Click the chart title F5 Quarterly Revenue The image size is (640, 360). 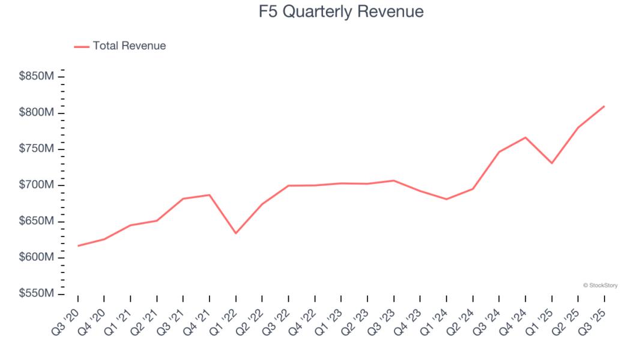point(341,12)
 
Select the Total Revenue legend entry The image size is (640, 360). point(120,46)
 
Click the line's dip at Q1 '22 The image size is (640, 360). point(236,233)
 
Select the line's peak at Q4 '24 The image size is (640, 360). point(525,137)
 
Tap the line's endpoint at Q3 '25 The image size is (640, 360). point(604,106)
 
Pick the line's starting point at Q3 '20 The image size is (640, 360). point(78,245)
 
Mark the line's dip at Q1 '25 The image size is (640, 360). point(552,163)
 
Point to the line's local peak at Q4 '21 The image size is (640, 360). point(210,194)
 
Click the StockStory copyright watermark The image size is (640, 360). point(600,286)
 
